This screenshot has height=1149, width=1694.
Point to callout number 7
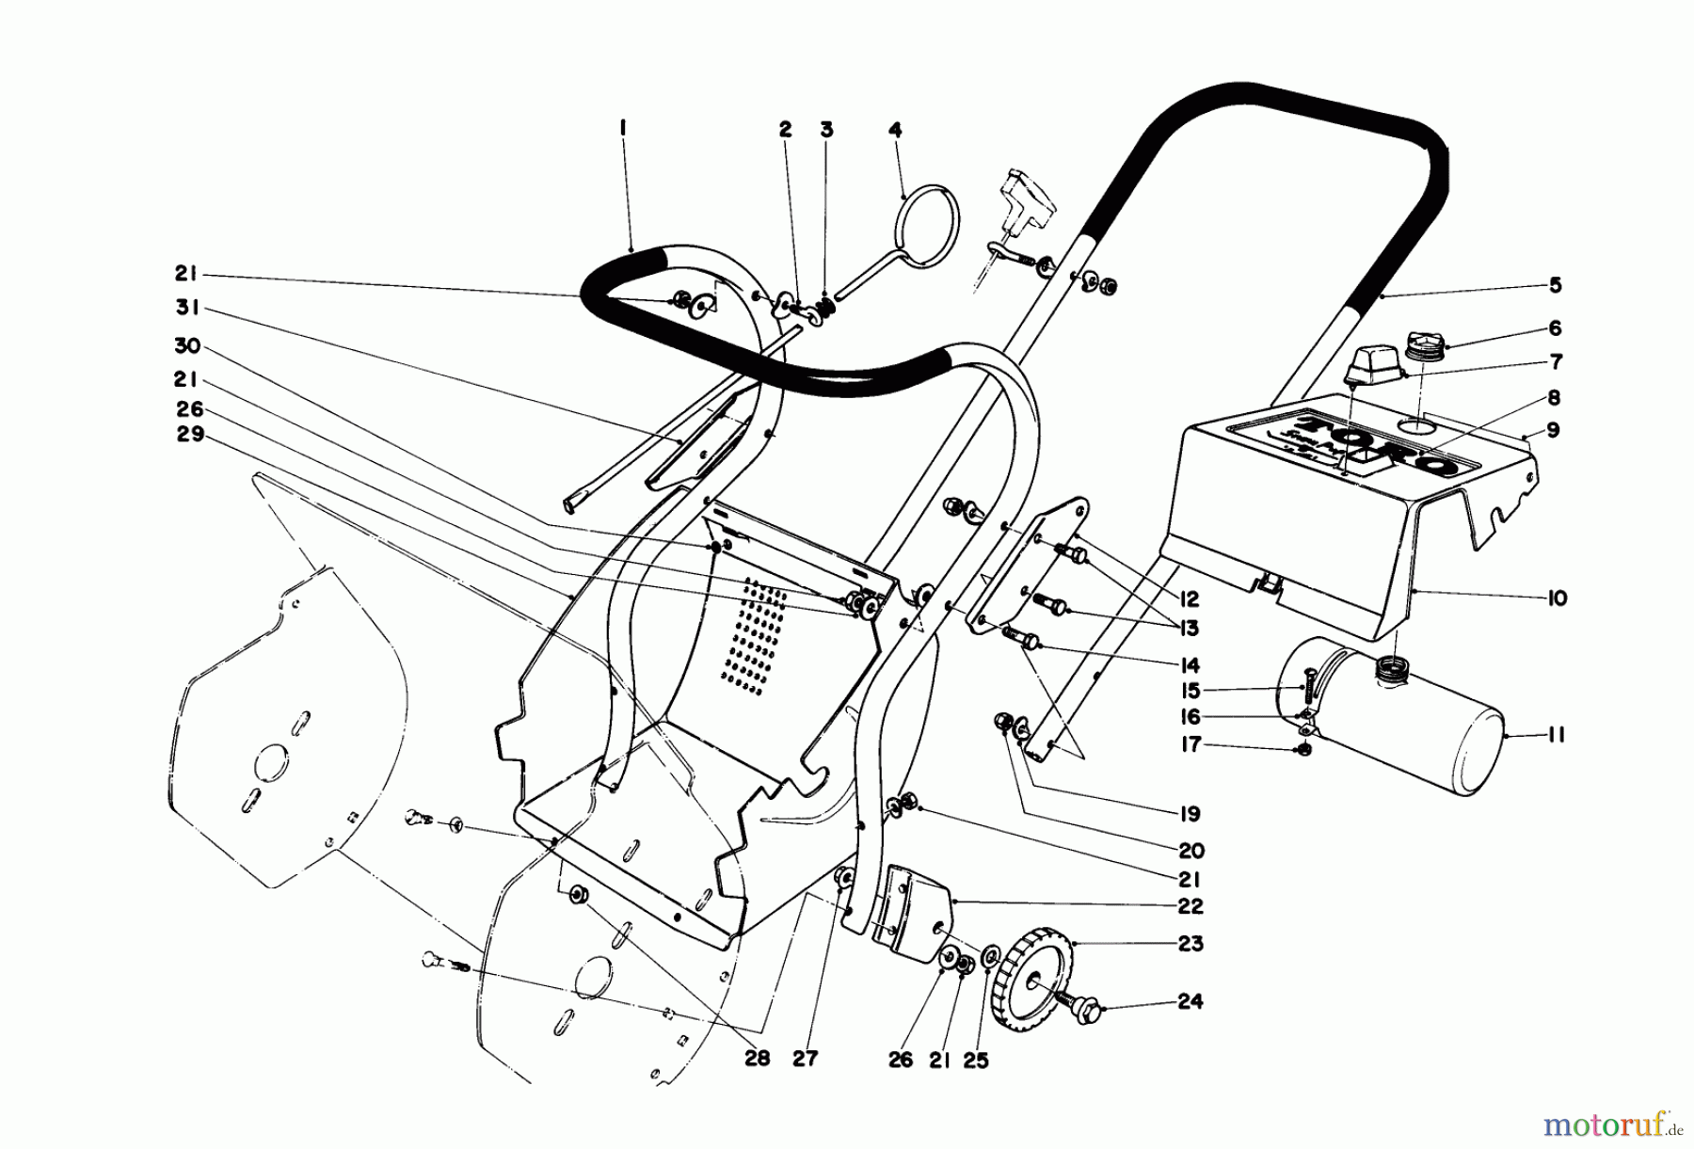pos(1555,361)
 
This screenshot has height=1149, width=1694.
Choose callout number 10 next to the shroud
pos(1557,598)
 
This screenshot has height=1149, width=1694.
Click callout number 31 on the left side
pos(188,310)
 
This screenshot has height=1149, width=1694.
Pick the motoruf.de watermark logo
pos(1610,1123)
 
